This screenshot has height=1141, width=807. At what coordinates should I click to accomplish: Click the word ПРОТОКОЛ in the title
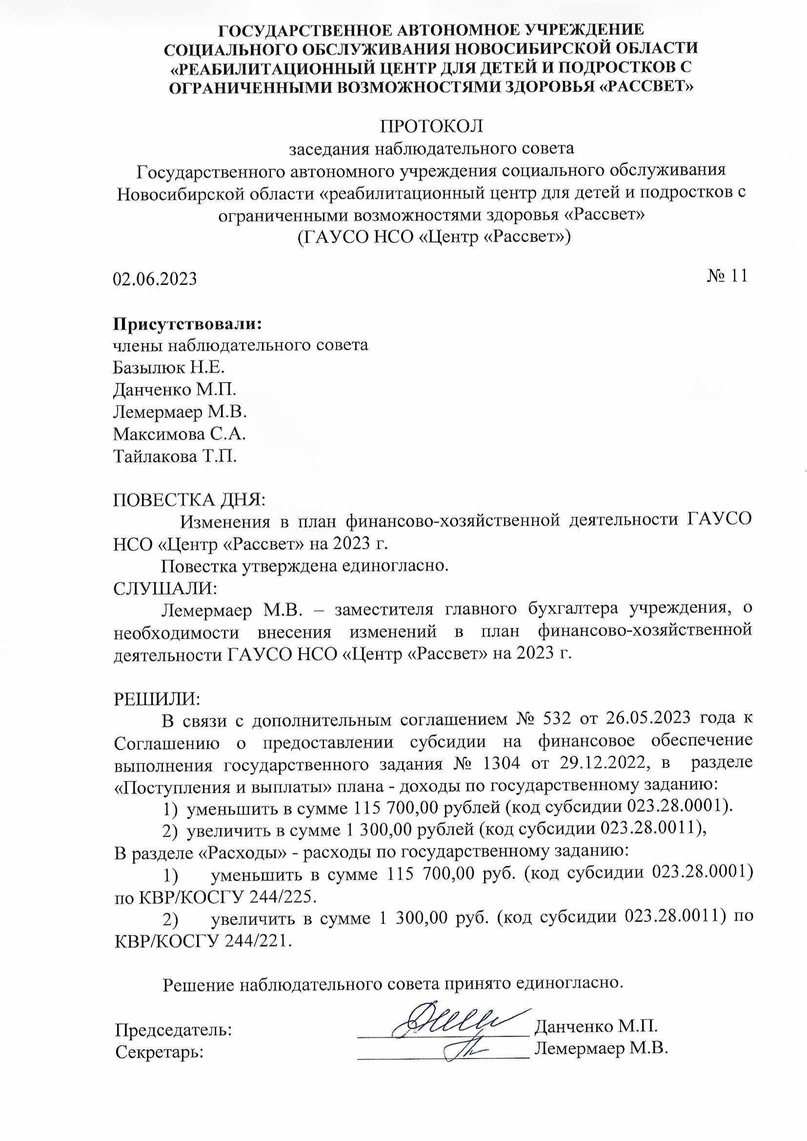point(431,126)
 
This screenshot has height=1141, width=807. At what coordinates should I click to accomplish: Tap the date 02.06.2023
point(155,279)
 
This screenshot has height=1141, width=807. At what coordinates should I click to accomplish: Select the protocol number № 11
point(726,276)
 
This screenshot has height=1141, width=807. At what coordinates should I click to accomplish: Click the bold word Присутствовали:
point(187,324)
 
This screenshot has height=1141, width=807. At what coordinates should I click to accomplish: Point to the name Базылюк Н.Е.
point(169,367)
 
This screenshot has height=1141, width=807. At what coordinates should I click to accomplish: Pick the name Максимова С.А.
point(180,434)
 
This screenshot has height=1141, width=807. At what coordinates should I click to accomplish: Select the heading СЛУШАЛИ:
point(165,589)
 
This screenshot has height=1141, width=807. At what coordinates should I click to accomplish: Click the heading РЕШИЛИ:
point(157,699)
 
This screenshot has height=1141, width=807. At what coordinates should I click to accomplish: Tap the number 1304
point(501,763)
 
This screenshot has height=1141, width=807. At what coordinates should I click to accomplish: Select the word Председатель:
point(173,1030)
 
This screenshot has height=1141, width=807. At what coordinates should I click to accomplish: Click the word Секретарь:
point(160,1052)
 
